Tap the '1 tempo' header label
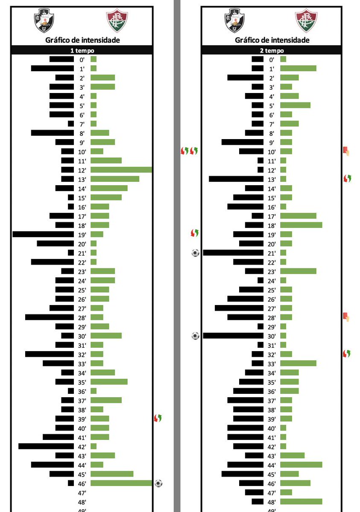[x=82, y=50]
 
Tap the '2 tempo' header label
[x=271, y=50]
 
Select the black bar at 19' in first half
[x=43, y=234]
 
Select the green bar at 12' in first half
[x=121, y=170]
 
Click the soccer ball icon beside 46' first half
[x=158, y=483]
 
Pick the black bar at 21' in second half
[x=233, y=253]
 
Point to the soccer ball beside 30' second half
[x=195, y=336]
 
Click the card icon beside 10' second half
[x=346, y=151]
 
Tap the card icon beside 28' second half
[x=346, y=317]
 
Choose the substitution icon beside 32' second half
[x=346, y=354]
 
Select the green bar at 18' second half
[x=301, y=225]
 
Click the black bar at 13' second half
[x=236, y=179]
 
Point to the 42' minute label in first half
[x=82, y=447]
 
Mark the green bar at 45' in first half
[x=112, y=474]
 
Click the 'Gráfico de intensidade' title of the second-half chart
[x=272, y=40]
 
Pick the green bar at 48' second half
[x=301, y=502]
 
